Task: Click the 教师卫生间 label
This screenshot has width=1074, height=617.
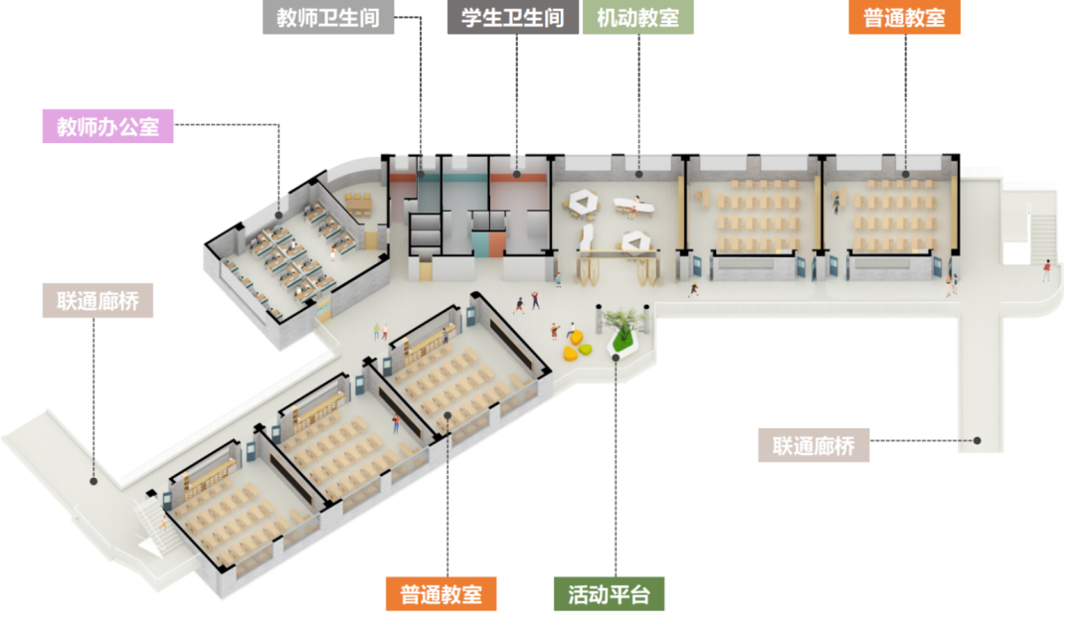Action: pyautogui.click(x=328, y=18)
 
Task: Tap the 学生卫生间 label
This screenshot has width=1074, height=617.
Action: pyautogui.click(x=512, y=18)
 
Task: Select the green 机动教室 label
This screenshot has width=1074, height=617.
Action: pyautogui.click(x=638, y=18)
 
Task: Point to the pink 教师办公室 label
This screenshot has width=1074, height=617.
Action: pyautogui.click(x=107, y=127)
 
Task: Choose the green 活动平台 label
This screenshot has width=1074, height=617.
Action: pyautogui.click(x=609, y=594)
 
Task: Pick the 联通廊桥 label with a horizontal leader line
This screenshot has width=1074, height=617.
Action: pyautogui.click(x=812, y=445)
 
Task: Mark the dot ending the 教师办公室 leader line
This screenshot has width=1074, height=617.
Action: pyautogui.click(x=279, y=213)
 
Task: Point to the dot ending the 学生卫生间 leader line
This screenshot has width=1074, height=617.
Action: pyautogui.click(x=517, y=174)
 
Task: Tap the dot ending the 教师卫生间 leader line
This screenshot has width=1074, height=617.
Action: pyautogui.click(x=421, y=175)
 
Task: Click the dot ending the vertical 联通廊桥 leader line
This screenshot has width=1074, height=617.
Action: pyautogui.click(x=93, y=481)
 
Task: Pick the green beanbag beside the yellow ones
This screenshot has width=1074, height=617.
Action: pyautogui.click(x=586, y=349)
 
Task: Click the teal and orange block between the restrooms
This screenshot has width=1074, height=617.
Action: pyautogui.click(x=486, y=243)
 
